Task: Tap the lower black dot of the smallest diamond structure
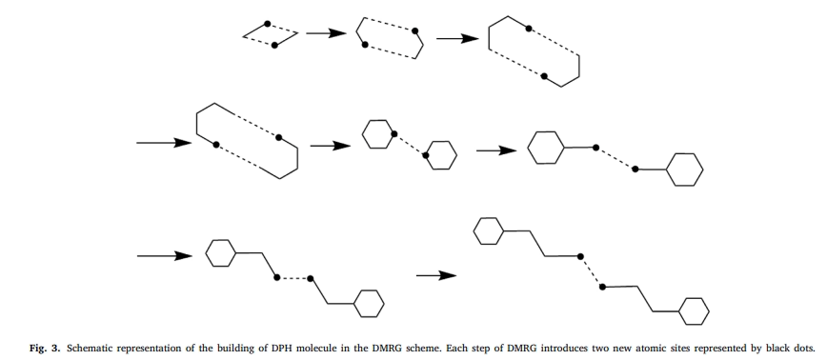pos(274,44)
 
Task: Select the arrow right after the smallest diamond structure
pos(324,33)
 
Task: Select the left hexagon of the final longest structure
pos(489,230)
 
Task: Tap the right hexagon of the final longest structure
pos(695,310)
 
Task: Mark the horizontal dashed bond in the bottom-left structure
pos(292,278)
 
